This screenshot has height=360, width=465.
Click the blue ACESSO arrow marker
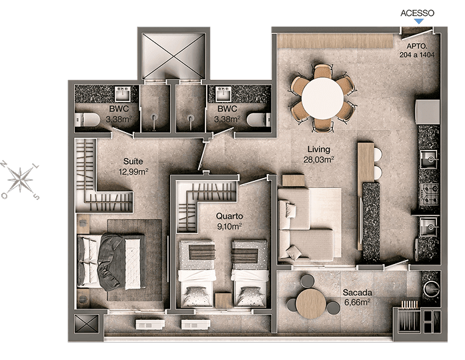pos(419,21)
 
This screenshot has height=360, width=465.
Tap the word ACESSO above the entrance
pos(417,13)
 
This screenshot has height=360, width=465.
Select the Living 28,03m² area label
pos(318,155)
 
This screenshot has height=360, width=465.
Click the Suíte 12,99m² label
pos(133,166)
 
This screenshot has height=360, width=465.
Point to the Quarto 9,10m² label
pos(229,221)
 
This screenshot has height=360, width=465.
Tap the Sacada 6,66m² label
pos(357,297)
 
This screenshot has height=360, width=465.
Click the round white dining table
pos(323,98)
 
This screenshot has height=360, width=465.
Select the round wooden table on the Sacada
pos(311,303)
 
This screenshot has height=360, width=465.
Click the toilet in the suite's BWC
pos(87,120)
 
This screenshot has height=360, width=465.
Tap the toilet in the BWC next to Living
pos(259,120)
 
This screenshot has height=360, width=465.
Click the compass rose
pos(20,180)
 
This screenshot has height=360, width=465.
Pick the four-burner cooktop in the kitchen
pos(429,195)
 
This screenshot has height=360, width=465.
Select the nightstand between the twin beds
pos(223,301)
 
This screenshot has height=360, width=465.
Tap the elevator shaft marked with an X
pos(173,55)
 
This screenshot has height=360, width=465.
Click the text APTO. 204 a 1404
pos(417,51)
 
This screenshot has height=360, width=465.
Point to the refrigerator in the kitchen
pos(428,112)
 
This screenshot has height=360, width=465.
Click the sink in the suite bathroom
pos(122,93)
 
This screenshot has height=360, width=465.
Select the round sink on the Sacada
pos(431,288)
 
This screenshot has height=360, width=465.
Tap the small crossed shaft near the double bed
pos(86,323)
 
